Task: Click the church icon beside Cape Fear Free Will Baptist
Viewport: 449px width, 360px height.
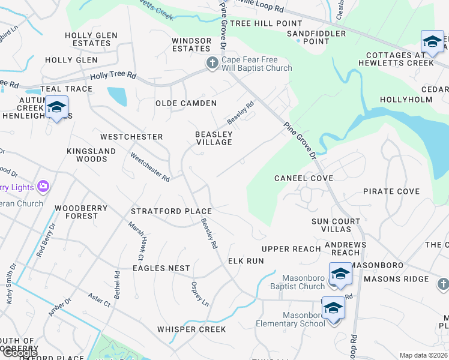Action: coord(212,63)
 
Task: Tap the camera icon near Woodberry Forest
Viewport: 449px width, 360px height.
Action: coord(43,187)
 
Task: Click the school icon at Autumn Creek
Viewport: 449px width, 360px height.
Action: coord(56,108)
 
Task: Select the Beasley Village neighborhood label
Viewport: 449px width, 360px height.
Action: coord(214,138)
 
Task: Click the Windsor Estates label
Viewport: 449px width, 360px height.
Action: coord(191,44)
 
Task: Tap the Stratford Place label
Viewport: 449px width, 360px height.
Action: coord(172,211)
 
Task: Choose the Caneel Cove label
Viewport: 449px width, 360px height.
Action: coord(304,178)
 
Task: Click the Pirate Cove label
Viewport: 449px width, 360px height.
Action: coord(391,191)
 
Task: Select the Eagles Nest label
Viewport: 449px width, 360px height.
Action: coord(161,268)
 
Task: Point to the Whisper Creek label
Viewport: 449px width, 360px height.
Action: coord(191,329)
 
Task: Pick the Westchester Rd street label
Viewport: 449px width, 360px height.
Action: coord(150,167)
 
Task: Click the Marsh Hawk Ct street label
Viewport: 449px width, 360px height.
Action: coord(136,239)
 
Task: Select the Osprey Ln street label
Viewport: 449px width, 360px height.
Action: coord(200,294)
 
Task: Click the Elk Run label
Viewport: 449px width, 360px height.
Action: coord(246,261)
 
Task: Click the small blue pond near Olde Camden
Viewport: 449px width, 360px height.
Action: coord(117,96)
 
